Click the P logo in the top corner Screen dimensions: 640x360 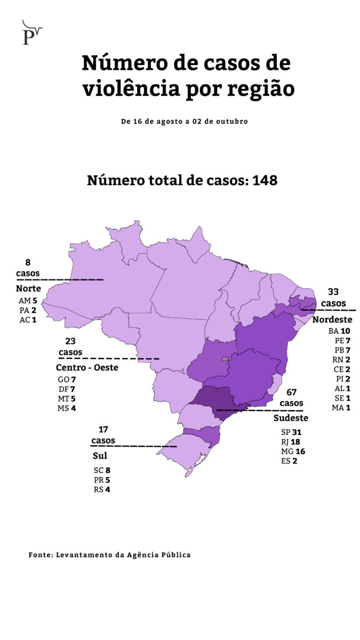[x=31, y=33]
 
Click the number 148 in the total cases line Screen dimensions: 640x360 [x=265, y=180]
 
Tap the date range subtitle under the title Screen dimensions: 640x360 [x=184, y=121]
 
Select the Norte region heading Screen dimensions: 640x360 [x=28, y=289]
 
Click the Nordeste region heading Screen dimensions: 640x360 [x=332, y=319]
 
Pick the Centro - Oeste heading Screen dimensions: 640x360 [x=87, y=367]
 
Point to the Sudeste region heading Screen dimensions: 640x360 [x=291, y=418]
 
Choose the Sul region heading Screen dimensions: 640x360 [x=100, y=455]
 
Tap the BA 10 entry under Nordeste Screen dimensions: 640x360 [x=339, y=331]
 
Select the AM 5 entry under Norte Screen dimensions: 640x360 [x=27, y=300]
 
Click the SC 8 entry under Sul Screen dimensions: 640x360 [x=101, y=470]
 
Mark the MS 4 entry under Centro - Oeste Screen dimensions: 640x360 [x=67, y=408]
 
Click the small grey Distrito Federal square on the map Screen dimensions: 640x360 [x=225, y=359]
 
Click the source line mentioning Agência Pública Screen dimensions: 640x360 [x=109, y=555]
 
